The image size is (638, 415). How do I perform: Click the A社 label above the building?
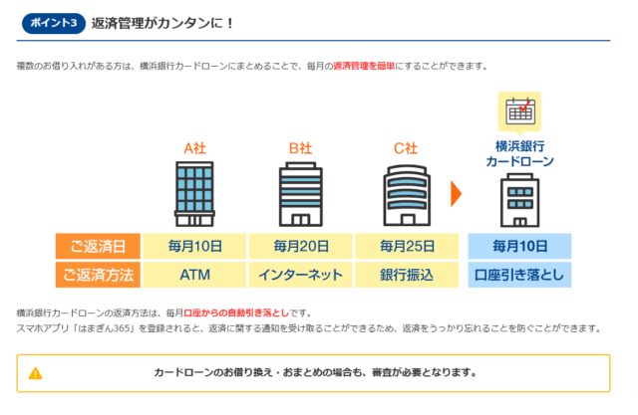(x=194, y=148)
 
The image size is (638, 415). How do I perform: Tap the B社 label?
(x=300, y=148)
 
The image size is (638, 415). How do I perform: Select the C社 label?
(x=405, y=148)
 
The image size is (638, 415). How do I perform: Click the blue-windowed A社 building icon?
(x=194, y=195)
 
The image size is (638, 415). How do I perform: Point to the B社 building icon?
(x=300, y=195)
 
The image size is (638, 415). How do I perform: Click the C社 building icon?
(x=405, y=195)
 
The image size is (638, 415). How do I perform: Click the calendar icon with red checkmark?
(x=519, y=110)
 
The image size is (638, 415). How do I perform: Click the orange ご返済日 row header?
(x=98, y=246)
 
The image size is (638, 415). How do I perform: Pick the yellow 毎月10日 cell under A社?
(x=194, y=246)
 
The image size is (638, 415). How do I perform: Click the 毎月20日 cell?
(x=300, y=246)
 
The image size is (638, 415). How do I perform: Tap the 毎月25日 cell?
(x=406, y=246)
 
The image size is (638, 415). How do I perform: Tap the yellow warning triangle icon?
(x=36, y=373)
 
